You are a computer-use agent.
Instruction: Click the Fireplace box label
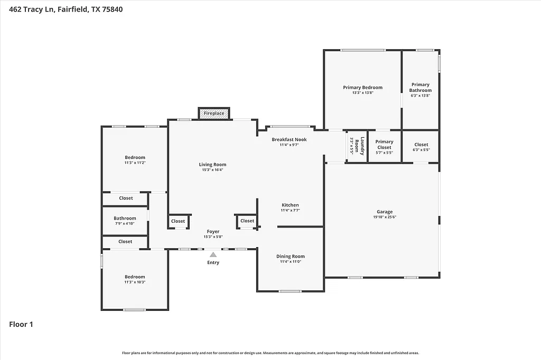(x=214, y=113)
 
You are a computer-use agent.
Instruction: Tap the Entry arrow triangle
(x=213, y=254)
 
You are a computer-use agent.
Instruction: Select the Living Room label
(x=212, y=165)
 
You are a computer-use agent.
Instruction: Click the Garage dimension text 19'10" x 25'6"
(x=384, y=217)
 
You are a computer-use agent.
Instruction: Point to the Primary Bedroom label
(x=362, y=88)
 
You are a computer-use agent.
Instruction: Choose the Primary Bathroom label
(x=421, y=87)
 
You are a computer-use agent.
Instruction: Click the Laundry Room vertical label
(x=357, y=145)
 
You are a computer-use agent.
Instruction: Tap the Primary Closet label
(x=384, y=144)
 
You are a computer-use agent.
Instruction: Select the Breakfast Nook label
(x=289, y=139)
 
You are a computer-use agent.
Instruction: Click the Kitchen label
(x=290, y=205)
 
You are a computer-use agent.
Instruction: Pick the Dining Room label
(x=291, y=257)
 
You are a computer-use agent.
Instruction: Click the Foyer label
(x=213, y=231)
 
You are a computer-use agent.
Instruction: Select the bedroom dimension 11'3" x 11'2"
(x=135, y=163)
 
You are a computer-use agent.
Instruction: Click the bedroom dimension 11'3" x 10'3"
(x=135, y=282)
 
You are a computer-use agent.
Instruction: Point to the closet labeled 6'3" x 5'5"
(x=421, y=149)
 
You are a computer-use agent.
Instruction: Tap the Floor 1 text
(x=21, y=325)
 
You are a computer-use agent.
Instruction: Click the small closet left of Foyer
(x=178, y=221)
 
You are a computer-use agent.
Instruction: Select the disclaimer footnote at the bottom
(x=270, y=353)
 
